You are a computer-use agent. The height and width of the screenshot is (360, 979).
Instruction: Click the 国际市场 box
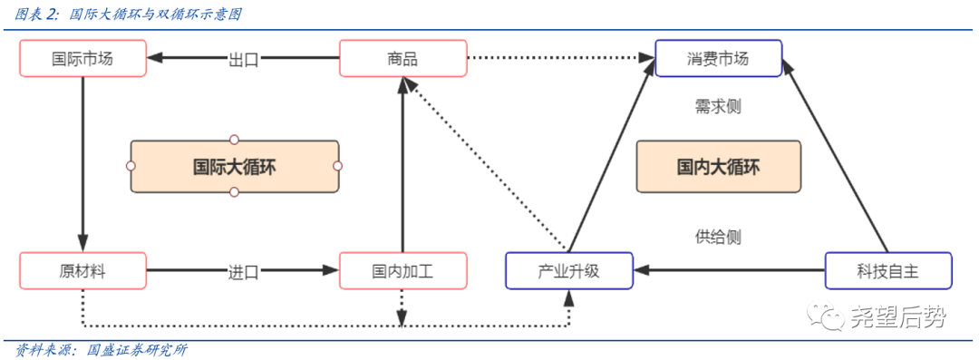tap(82, 59)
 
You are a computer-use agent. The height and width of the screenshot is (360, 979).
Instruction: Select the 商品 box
tap(402, 59)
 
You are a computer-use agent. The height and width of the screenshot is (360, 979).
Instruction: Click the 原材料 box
tap(82, 271)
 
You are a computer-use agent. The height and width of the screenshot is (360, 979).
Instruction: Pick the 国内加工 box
tap(402, 271)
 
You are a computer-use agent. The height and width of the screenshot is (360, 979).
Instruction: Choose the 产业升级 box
tap(569, 271)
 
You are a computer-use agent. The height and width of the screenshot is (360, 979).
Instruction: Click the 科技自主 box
tap(888, 271)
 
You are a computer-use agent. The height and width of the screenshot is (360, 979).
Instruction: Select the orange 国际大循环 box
tap(234, 167)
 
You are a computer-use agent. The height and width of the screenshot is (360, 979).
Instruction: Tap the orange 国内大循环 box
tap(718, 167)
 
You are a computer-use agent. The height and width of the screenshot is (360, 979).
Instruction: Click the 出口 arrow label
tap(243, 60)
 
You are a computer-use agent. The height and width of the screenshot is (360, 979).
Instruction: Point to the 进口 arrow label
tap(243, 271)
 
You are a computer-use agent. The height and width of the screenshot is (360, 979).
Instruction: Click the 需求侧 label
tap(718, 106)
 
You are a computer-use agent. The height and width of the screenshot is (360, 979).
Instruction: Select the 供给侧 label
tap(718, 238)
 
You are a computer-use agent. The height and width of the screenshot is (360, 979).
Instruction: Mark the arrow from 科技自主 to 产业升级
tap(730, 270)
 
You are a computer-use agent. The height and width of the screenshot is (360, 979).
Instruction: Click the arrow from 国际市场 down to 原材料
tap(82, 163)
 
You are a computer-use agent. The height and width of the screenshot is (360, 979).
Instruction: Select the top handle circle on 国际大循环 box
tap(234, 140)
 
